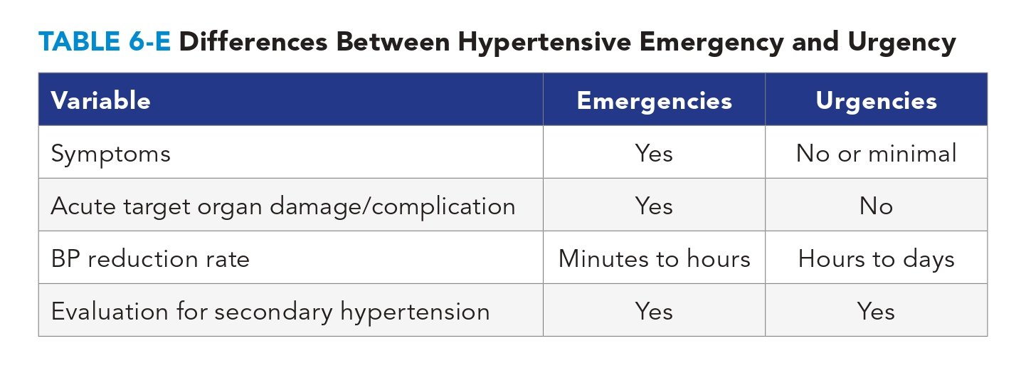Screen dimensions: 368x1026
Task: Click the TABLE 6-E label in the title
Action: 103,43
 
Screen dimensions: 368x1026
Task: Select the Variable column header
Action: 100,100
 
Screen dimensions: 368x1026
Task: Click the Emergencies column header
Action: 654,100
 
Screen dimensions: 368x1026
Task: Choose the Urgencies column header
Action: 876,100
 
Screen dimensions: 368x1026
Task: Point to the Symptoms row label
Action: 111,153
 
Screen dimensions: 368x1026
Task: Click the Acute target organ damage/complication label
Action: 283,206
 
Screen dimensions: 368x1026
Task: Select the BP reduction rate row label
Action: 150,258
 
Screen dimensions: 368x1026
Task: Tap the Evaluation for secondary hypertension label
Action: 270,311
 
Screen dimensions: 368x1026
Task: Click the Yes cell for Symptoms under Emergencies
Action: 654,153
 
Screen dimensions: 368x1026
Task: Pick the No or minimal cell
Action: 876,153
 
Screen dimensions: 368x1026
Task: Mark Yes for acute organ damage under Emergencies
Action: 654,206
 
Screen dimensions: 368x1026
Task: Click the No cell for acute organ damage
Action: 876,206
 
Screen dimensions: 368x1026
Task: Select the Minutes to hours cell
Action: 654,258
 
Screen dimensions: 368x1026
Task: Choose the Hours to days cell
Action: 876,258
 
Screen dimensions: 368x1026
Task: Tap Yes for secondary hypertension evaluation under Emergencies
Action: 654,311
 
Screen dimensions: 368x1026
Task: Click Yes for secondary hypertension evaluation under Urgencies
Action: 876,311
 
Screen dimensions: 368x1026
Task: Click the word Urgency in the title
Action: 901,43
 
